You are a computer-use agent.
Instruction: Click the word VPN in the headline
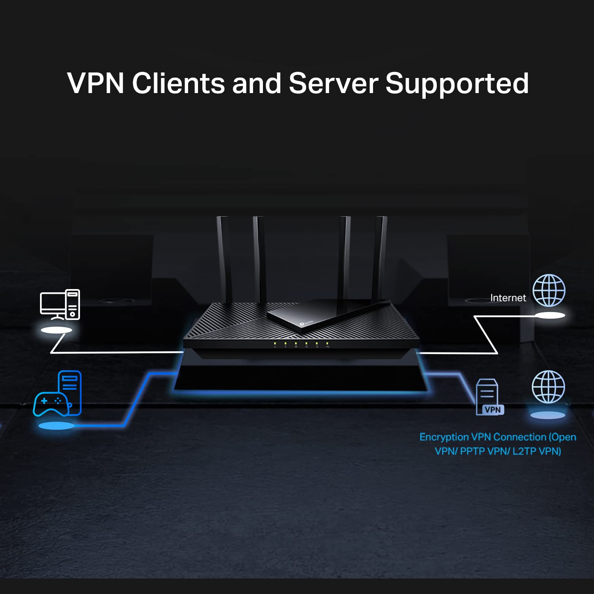click(95, 83)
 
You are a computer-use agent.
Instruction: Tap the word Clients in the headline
click(178, 83)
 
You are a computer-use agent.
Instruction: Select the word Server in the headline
click(333, 83)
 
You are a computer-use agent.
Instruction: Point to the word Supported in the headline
click(457, 83)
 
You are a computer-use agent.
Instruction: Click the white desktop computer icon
click(60, 305)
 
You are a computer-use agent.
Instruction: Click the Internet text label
click(508, 298)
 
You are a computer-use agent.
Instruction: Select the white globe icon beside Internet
click(549, 290)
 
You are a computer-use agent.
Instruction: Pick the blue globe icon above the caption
click(548, 387)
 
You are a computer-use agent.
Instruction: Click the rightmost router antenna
click(381, 257)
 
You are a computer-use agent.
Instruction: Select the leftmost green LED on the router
click(275, 343)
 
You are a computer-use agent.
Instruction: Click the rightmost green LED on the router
click(327, 343)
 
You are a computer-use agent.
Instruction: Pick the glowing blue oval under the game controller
click(56, 426)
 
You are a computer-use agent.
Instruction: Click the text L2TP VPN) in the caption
click(537, 451)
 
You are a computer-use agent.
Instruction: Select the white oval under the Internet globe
click(550, 315)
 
